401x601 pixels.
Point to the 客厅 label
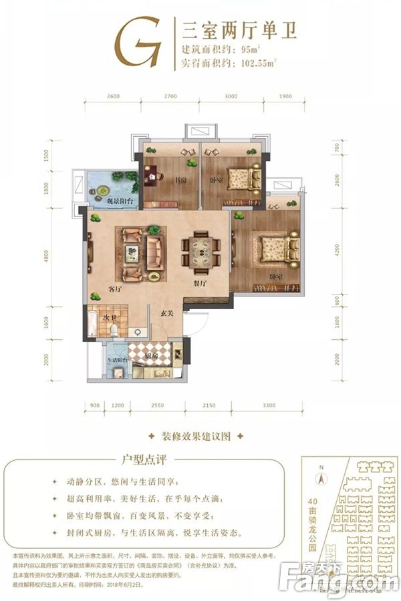pos(114,289)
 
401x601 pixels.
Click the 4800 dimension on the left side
pos(66,257)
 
